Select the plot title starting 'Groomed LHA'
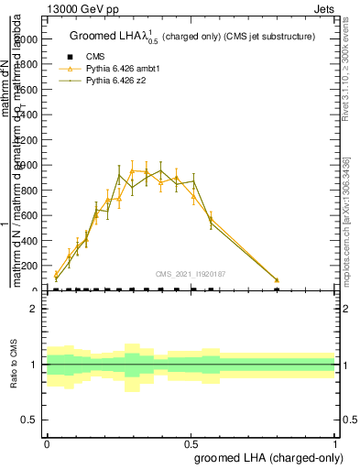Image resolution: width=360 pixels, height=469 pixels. coord(192,37)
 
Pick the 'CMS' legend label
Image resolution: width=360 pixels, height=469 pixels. coord(95,57)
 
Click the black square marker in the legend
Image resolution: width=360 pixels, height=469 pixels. coord(70,57)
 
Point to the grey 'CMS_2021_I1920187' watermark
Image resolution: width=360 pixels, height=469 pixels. coord(191,273)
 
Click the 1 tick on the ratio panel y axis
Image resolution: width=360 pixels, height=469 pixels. coord(34,365)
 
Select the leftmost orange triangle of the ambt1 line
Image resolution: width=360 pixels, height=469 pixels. coord(56,274)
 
